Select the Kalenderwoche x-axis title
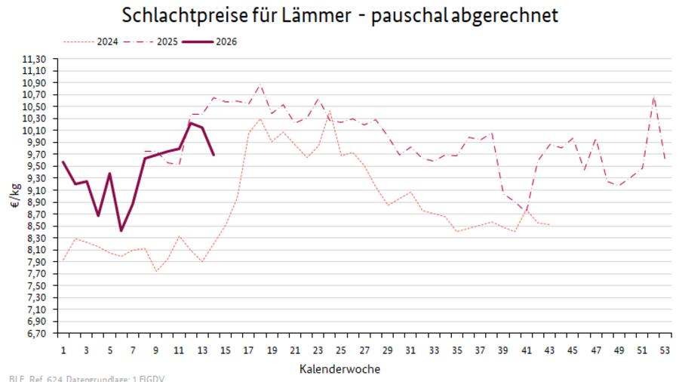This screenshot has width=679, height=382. tap(339, 369)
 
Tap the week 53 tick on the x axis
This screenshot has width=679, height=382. tap(665, 350)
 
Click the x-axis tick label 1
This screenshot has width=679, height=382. tap(63, 350)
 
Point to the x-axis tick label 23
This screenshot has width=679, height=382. tap(318, 350)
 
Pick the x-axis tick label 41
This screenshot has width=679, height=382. tap(527, 350)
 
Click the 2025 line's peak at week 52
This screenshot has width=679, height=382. tap(653, 97)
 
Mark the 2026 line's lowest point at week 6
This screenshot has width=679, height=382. tap(121, 230)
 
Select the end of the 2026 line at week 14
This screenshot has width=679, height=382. tap(214, 155)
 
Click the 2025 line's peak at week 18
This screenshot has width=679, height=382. tap(260, 85)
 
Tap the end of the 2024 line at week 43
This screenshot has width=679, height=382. tap(549, 225)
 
